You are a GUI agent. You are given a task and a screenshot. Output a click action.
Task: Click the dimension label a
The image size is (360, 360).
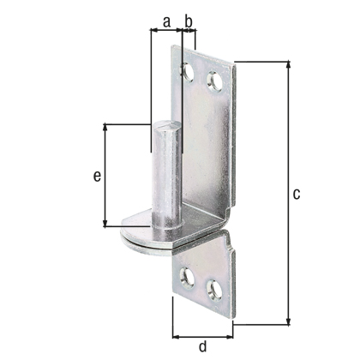tap(166, 22)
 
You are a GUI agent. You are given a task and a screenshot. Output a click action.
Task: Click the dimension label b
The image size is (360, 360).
tap(189, 21)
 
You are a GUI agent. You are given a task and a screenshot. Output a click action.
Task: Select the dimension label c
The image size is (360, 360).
tap(297, 194)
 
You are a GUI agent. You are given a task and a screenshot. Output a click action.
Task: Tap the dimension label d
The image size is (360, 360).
tap(202, 346)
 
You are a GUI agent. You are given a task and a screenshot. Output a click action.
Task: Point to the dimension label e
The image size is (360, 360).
tap(97, 176)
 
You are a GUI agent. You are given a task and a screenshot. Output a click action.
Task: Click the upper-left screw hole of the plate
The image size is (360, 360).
tap(187, 71)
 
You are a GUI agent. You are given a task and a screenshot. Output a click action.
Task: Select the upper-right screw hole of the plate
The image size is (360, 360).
tap(214, 81)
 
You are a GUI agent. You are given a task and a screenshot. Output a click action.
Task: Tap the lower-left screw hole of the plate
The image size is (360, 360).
tap(187, 277)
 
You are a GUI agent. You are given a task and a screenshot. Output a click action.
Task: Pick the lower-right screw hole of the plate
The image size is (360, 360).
tap(214, 290)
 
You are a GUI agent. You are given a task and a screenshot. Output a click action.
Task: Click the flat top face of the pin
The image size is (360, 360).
tap(167, 125)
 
